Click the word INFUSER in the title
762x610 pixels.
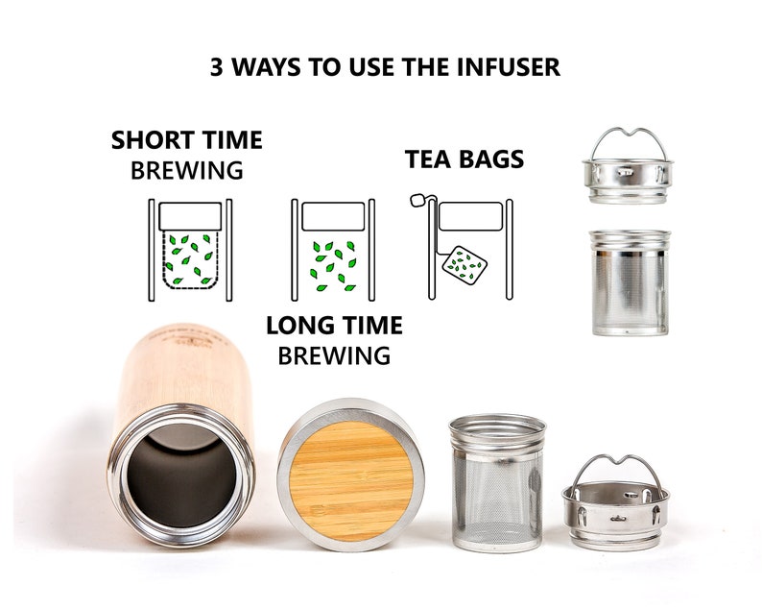coord(510,68)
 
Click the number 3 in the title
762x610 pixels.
coord(217,68)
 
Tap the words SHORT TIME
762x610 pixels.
coord(186,140)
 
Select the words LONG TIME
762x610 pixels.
coord(334,326)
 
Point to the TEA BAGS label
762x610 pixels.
coord(464,159)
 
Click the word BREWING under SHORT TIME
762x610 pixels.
coord(186,171)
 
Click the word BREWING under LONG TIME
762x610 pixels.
coord(334,355)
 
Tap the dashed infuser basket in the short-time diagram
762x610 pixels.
coord(189,258)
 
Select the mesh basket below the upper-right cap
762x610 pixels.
coord(630,282)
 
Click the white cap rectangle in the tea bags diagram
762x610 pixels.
coord(469,215)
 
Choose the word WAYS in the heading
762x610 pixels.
coord(267,68)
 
